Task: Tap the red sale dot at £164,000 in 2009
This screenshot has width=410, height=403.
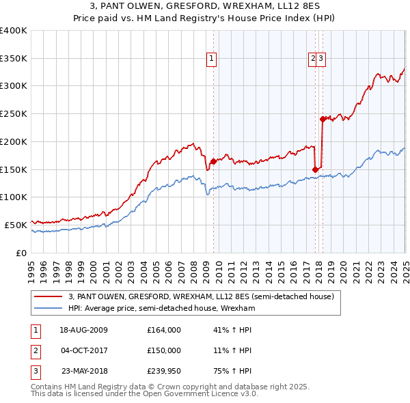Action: [x=213, y=162]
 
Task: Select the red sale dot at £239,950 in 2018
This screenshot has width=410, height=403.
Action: [x=323, y=119]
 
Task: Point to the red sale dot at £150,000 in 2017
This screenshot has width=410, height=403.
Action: [x=315, y=169]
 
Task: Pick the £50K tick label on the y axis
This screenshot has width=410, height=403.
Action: [x=16, y=225]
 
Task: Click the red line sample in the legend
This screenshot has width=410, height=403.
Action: [x=48, y=297]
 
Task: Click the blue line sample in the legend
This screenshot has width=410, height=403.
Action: [x=48, y=308]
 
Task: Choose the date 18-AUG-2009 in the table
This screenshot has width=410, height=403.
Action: [x=83, y=329]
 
